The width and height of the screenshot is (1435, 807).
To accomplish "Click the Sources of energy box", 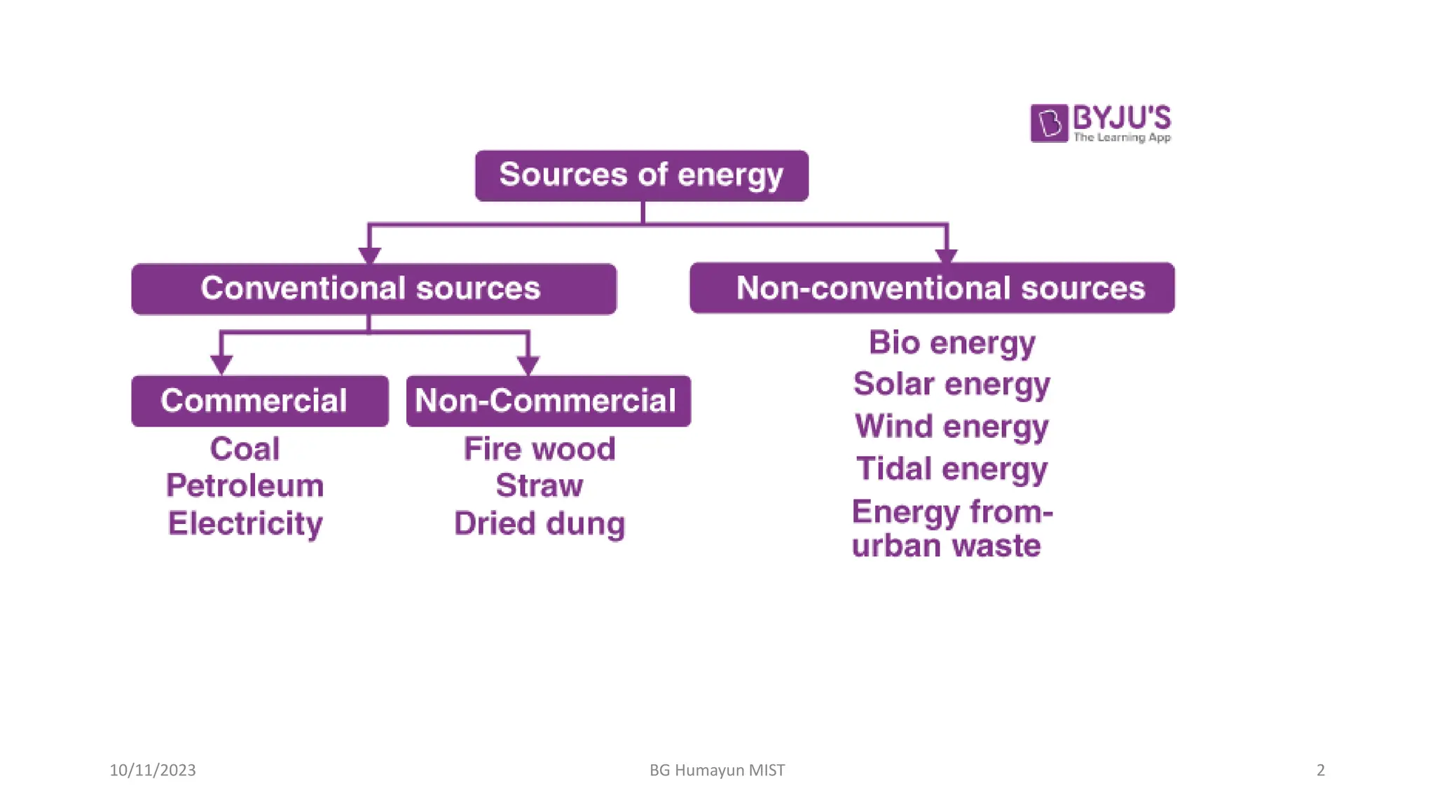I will (641, 175).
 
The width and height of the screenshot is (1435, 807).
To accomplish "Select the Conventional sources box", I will (373, 289).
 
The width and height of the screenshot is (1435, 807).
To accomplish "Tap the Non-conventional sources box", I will (932, 288).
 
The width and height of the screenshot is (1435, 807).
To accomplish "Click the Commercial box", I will (259, 401).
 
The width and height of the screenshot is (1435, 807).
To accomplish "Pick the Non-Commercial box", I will (548, 401).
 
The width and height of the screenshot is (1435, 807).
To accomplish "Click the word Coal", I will (245, 449).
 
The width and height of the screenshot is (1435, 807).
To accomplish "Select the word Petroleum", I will (245, 486).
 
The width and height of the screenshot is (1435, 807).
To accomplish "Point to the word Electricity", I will (245, 524).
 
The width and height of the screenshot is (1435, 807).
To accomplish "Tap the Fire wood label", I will (540, 449).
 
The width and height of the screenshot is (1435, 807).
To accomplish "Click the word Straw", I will (540, 486).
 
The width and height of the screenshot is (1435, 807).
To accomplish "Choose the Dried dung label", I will (540, 524).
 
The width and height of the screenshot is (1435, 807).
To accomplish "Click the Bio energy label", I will (952, 343).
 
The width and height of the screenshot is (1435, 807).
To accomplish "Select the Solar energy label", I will (952, 385).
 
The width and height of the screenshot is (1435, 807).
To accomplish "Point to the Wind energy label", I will (952, 427).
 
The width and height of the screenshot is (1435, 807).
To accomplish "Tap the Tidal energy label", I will (952, 469).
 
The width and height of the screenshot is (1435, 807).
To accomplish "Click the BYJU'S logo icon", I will (1049, 123).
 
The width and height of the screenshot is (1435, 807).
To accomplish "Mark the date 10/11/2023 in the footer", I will (153, 770).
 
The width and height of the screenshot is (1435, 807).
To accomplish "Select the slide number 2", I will (1320, 770).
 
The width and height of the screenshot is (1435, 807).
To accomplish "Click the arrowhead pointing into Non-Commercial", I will (528, 365).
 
